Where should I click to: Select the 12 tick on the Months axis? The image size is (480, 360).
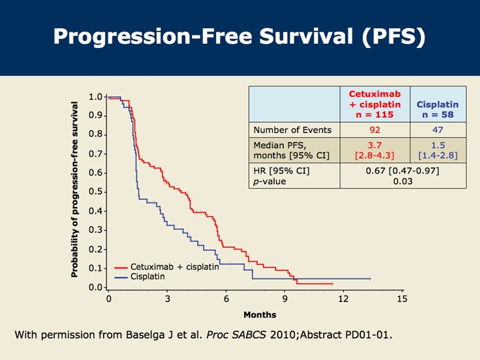[344, 300]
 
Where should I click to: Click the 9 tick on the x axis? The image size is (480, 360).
[285, 300]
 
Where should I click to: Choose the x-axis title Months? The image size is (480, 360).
[260, 315]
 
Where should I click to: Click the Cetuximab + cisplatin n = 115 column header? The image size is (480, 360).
[374, 104]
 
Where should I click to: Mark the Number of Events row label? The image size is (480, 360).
[292, 130]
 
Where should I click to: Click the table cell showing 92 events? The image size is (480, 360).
[374, 130]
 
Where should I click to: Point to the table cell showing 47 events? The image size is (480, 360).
[437, 130]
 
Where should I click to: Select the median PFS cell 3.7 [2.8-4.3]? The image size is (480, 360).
[374, 151]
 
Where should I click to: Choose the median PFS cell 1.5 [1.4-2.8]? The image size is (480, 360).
[437, 151]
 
